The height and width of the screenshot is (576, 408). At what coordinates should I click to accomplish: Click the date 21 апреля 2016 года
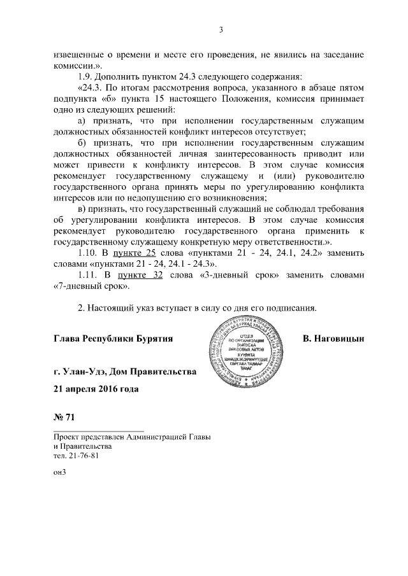click(96, 388)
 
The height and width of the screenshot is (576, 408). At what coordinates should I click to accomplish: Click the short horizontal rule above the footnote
click(99, 431)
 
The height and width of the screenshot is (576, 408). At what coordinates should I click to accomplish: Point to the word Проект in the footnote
click(69, 437)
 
